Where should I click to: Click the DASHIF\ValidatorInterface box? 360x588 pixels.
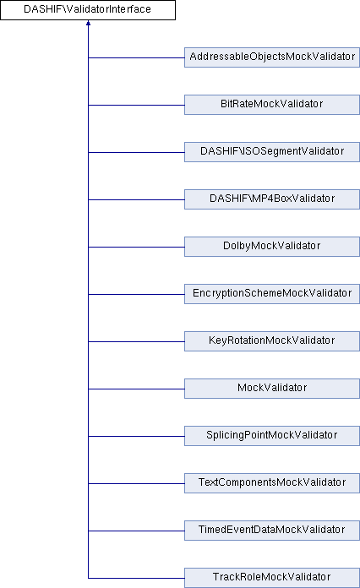pos(88,10)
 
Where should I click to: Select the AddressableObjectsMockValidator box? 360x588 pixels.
pos(271,57)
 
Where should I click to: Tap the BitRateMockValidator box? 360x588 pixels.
pos(271,105)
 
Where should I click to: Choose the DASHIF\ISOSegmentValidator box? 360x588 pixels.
pos(271,152)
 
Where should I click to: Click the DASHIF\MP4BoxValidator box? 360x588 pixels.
pos(271,199)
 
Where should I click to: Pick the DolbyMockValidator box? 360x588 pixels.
pos(271,247)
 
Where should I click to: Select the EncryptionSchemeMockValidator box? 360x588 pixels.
pos(271,294)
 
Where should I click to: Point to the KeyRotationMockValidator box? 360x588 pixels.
pos(271,341)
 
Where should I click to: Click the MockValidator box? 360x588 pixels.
pos(271,389)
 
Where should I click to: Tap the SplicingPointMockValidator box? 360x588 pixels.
pos(271,436)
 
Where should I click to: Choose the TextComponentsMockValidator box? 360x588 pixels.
pos(271,483)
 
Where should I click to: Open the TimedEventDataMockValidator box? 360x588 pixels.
pos(271,531)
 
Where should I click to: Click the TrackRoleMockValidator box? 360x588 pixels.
pos(271,578)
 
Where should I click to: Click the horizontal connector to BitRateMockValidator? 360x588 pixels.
pos(136,105)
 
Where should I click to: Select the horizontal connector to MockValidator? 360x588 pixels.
pos(136,389)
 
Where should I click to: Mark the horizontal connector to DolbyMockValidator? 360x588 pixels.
pos(136,247)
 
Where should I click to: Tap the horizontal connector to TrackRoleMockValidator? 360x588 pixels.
pos(136,578)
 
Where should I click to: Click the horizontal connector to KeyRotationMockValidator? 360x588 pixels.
pos(136,341)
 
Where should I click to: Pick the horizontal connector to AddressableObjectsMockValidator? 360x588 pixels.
pos(136,57)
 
